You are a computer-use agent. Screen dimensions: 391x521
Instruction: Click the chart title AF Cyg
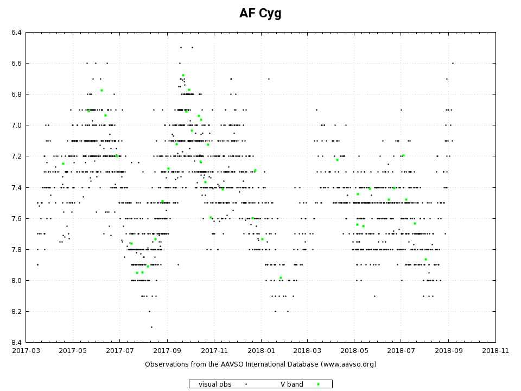pyautogui.click(x=260, y=14)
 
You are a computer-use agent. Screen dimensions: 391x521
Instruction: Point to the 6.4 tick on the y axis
pyautogui.click(x=16, y=33)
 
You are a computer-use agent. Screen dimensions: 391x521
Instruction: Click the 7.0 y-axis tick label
pyautogui.click(x=16, y=125)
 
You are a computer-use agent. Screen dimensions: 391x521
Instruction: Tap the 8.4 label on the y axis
pyautogui.click(x=16, y=342)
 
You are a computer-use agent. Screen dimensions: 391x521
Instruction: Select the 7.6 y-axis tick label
pyautogui.click(x=16, y=218)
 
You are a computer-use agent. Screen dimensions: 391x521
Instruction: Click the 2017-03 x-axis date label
pyautogui.click(x=26, y=351)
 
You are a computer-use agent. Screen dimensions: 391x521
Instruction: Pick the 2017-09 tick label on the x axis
pyautogui.click(x=167, y=351)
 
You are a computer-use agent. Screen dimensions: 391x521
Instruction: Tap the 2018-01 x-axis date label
pyautogui.click(x=260, y=351)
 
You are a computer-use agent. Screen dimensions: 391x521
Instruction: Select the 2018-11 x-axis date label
pyautogui.click(x=495, y=351)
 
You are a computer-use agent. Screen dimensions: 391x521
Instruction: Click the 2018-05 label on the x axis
pyautogui.click(x=354, y=351)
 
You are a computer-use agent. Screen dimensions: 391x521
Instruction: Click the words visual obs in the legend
pyautogui.click(x=215, y=384)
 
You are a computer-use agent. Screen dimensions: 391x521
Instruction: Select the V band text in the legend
pyautogui.click(x=291, y=384)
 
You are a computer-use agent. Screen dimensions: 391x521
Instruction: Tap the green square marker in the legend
pyautogui.click(x=318, y=384)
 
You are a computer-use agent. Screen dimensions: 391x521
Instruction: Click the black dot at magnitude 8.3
pyautogui.click(x=151, y=327)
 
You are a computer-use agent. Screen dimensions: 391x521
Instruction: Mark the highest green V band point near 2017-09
pyautogui.click(x=183, y=75)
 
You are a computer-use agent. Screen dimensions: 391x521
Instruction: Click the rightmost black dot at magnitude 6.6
pyautogui.click(x=453, y=63)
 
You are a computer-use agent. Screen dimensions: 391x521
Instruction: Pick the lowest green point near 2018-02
pyautogui.click(x=281, y=278)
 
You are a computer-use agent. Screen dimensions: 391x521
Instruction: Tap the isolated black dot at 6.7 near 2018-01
pyautogui.click(x=268, y=79)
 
